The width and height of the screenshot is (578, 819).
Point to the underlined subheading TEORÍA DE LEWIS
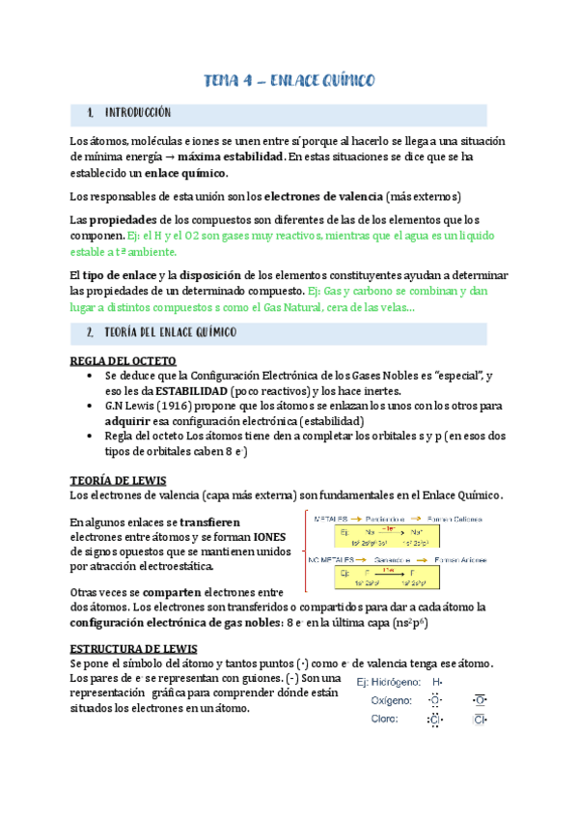click(119, 480)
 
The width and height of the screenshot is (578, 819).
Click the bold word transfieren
click(206, 522)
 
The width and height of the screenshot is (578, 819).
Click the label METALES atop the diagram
click(329, 518)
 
